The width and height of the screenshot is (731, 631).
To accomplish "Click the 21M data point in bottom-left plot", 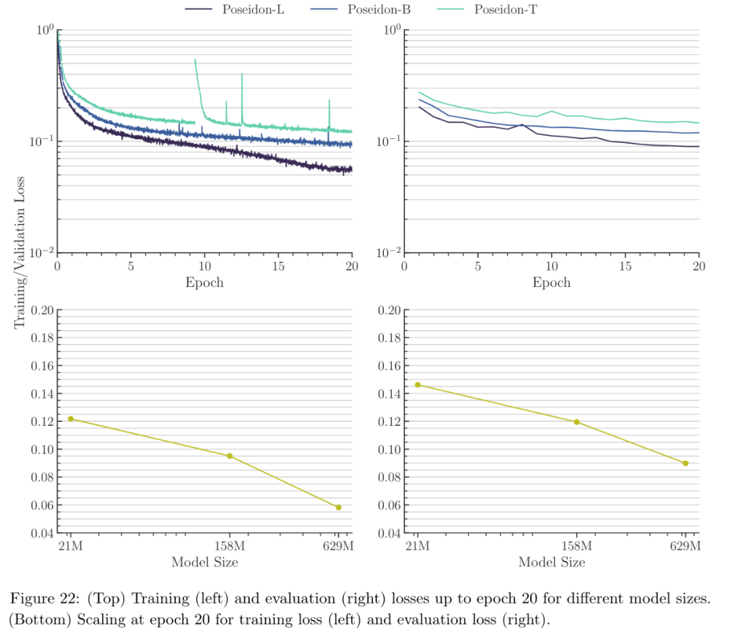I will tap(70, 419).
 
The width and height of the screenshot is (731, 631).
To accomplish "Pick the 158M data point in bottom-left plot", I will tap(229, 456).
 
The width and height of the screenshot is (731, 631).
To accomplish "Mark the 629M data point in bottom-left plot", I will tap(338, 507).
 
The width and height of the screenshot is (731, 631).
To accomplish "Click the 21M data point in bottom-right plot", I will tap(418, 385).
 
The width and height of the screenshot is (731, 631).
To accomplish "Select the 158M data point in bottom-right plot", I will tap(577, 422).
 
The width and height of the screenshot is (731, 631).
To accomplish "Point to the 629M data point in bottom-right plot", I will tap(686, 463).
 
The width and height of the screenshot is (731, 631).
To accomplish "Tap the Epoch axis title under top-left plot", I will tap(204, 282).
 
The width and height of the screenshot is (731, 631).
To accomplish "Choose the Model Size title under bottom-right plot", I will tap(552, 562).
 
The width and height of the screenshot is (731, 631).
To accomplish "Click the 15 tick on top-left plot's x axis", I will tap(278, 267).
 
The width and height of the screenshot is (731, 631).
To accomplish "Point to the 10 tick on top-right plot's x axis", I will tap(552, 267).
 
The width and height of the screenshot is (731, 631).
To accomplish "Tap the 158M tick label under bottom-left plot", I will tap(229, 546).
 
